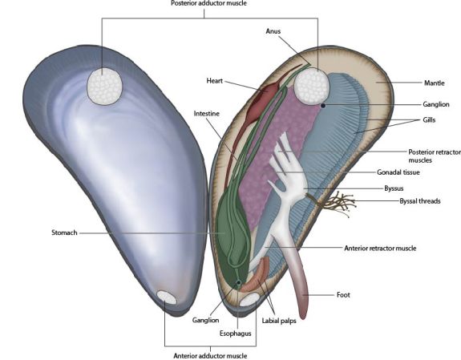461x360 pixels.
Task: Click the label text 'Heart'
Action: pyautogui.click(x=214, y=81)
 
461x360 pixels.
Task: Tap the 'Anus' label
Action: pyautogui.click(x=273, y=31)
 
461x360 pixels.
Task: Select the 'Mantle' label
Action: pyautogui.click(x=435, y=83)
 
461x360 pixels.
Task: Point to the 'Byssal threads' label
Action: pyautogui.click(x=420, y=201)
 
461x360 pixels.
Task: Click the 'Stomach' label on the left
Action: pyautogui.click(x=64, y=233)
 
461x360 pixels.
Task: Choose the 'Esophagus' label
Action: pyautogui.click(x=236, y=334)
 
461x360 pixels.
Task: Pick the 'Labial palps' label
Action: pyautogui.click(x=279, y=321)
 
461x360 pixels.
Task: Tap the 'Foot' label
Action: pyautogui.click(x=343, y=295)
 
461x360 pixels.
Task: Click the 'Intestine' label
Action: pyautogui.click(x=206, y=114)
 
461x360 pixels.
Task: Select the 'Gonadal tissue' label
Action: pyautogui.click(x=398, y=172)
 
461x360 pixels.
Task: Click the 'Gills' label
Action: pyautogui.click(x=429, y=120)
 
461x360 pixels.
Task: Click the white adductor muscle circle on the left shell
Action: pyautogui.click(x=104, y=86)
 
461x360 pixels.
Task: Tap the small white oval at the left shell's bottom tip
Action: pyautogui.click(x=167, y=297)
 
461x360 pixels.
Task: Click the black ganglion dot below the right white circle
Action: pyautogui.click(x=323, y=105)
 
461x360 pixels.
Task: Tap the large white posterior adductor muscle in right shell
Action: pyautogui.click(x=312, y=87)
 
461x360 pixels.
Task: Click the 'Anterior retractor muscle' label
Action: pyautogui.click(x=380, y=249)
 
